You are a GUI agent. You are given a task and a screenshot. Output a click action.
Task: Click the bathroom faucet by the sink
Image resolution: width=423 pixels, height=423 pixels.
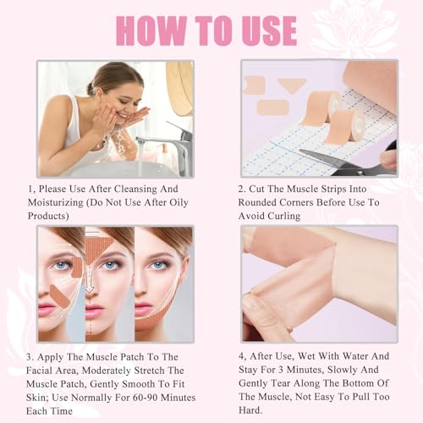[173, 144]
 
